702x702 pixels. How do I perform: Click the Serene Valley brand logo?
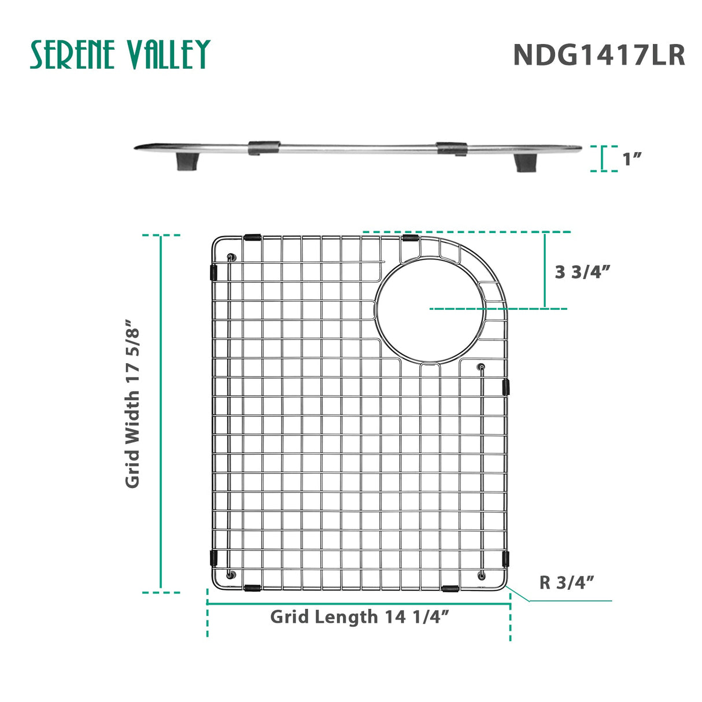[x=120, y=55]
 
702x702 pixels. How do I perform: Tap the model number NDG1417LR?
[x=598, y=56]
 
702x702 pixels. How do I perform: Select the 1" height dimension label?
[x=633, y=159]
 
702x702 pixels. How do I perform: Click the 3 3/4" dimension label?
[x=582, y=272]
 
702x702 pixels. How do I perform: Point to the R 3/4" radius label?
[x=567, y=582]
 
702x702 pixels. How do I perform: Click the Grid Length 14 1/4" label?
[x=360, y=617]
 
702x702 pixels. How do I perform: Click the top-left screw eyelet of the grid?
[x=231, y=257]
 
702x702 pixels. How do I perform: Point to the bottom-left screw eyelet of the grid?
[x=231, y=574]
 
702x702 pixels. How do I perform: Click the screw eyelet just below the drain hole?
[x=482, y=367]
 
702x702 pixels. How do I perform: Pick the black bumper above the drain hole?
[x=411, y=238]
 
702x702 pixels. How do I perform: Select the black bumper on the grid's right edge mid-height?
[x=507, y=387]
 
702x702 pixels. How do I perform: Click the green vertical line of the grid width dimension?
[x=161, y=413]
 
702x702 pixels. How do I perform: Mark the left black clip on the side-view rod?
[x=264, y=147]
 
